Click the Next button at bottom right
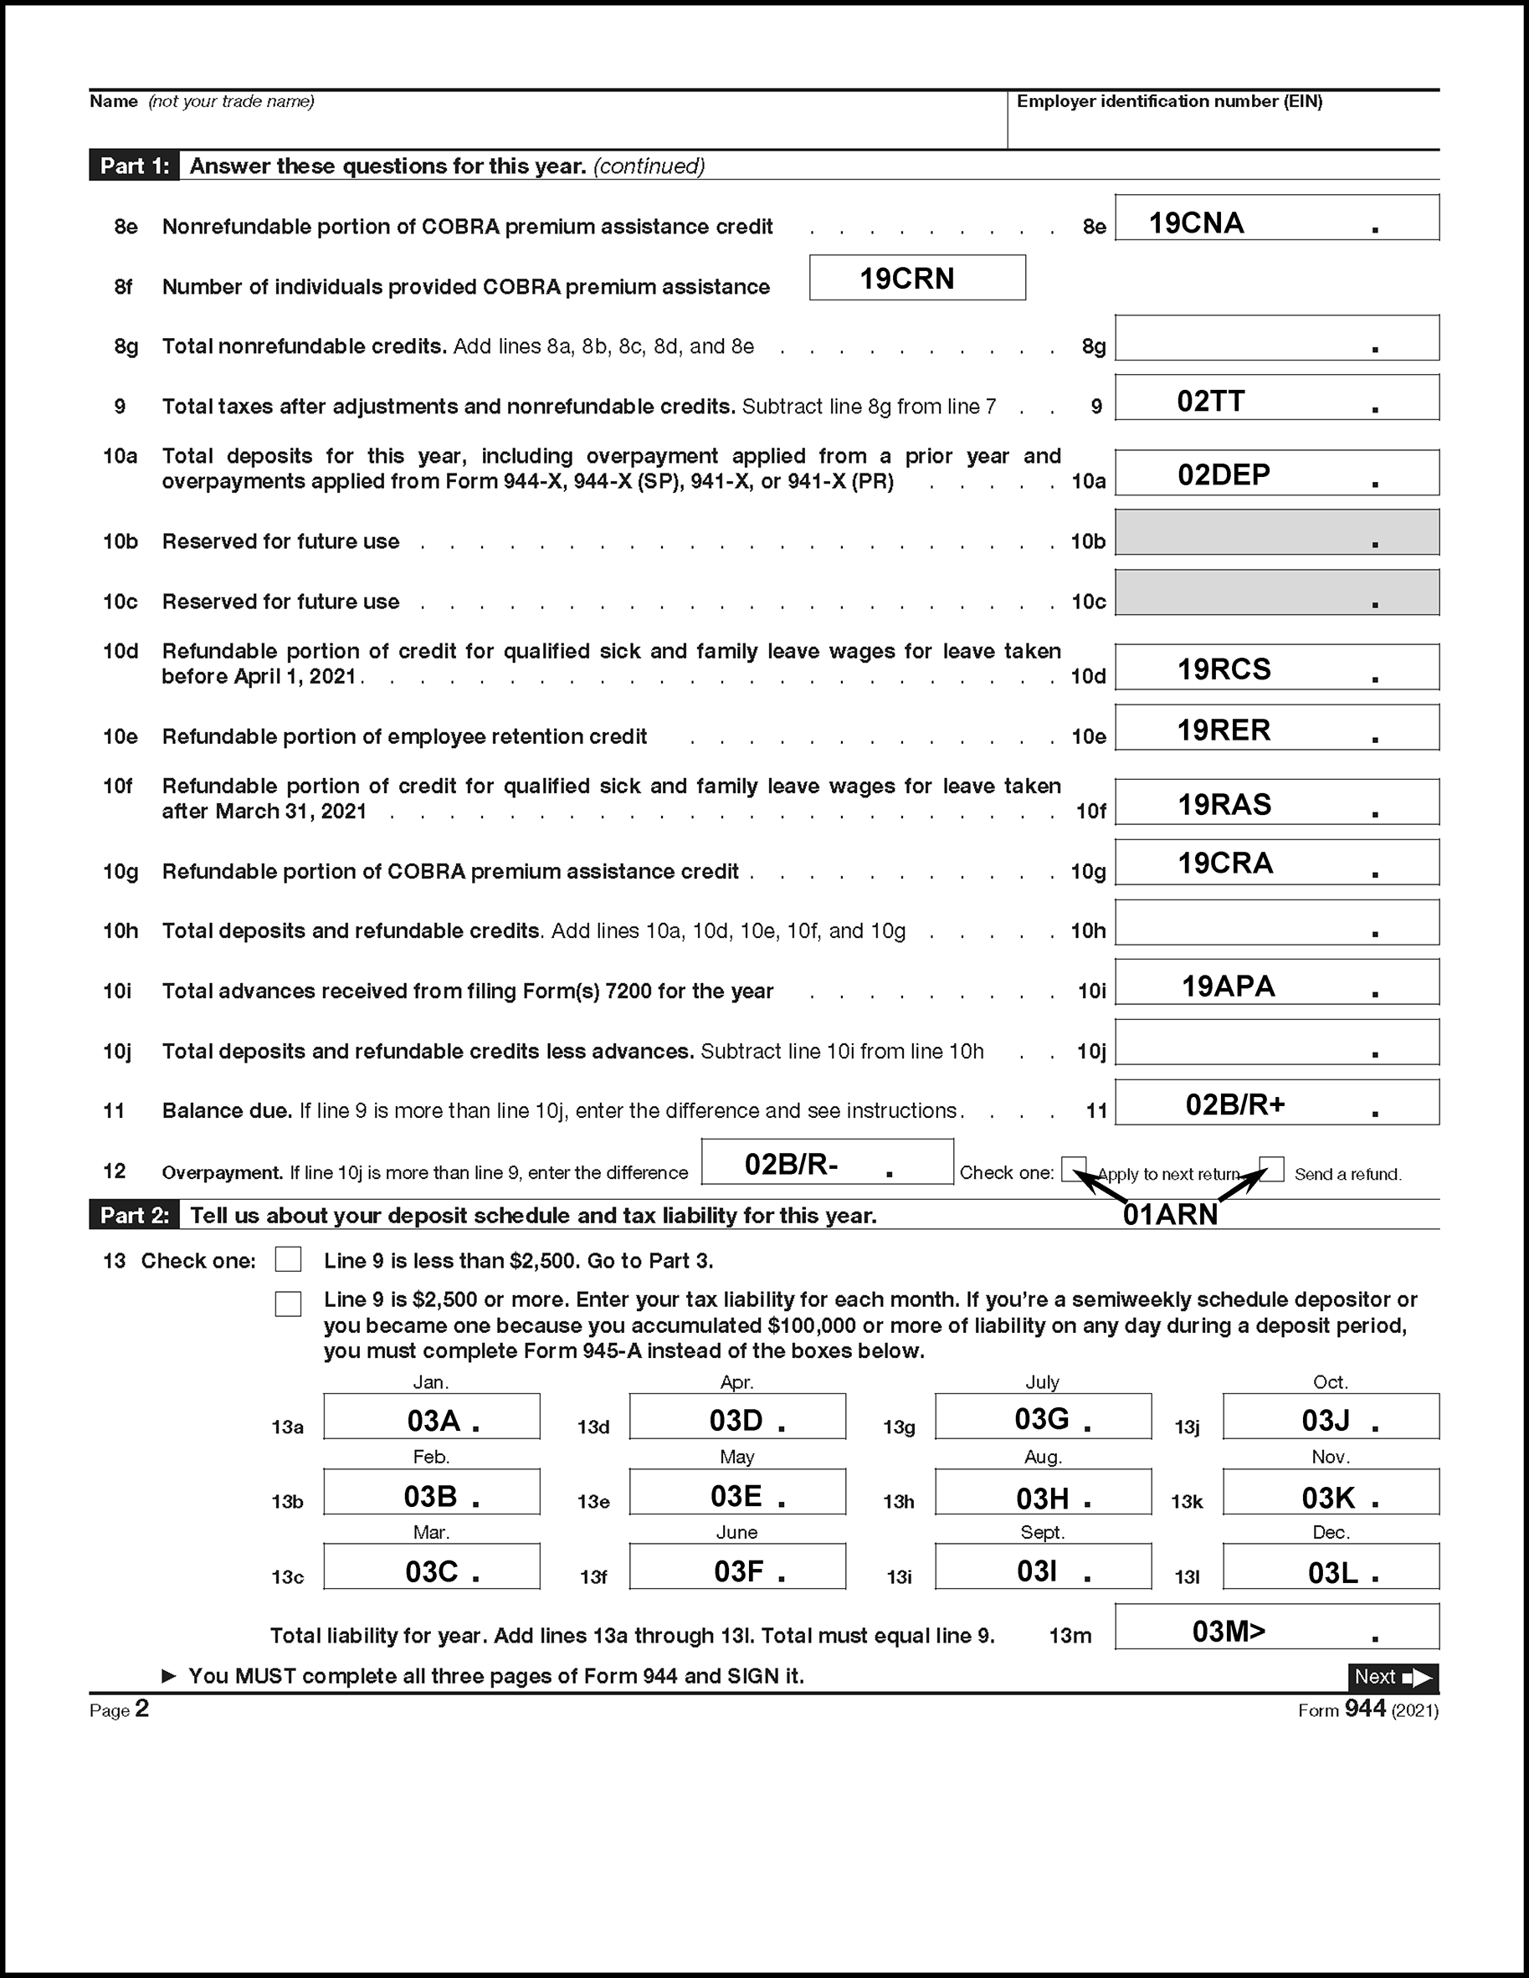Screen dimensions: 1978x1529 tap(1393, 1678)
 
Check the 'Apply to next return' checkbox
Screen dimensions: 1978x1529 tap(1074, 1168)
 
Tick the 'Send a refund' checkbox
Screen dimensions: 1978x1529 tap(1271, 1168)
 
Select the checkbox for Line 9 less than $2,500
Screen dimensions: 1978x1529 tap(288, 1260)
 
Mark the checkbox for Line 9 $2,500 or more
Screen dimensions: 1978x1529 tap(288, 1304)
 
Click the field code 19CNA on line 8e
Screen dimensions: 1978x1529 tap(1197, 223)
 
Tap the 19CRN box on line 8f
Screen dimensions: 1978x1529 tap(906, 278)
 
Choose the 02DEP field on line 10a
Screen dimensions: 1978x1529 tap(1224, 474)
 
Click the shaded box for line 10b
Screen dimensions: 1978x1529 tap(1276, 532)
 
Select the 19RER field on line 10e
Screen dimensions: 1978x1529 tap(1224, 730)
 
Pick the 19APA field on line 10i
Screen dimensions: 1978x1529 tap(1229, 986)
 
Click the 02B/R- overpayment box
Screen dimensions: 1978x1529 tap(791, 1164)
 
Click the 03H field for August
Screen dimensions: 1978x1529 tap(1043, 1499)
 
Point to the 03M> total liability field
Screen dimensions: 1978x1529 tap(1229, 1631)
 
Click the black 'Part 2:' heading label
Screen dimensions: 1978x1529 tap(134, 1216)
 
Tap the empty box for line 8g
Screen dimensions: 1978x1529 tap(1276, 338)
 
